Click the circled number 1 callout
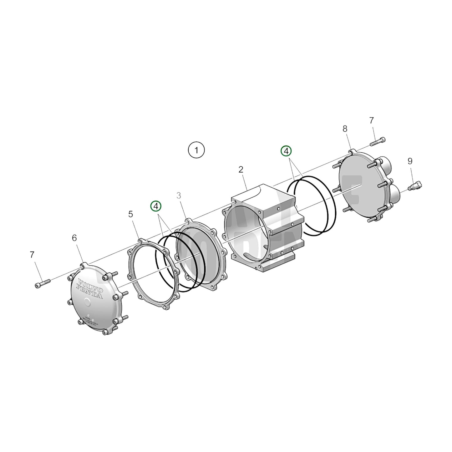(x=196, y=150)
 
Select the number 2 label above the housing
(x=241, y=170)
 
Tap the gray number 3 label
(x=179, y=196)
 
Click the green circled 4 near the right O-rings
(x=286, y=151)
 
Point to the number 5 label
(x=131, y=214)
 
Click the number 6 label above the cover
(x=74, y=238)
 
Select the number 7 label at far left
(x=32, y=255)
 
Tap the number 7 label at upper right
(x=371, y=120)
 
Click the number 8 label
(x=345, y=129)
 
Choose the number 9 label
(x=410, y=161)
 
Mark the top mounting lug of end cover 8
(x=352, y=152)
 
